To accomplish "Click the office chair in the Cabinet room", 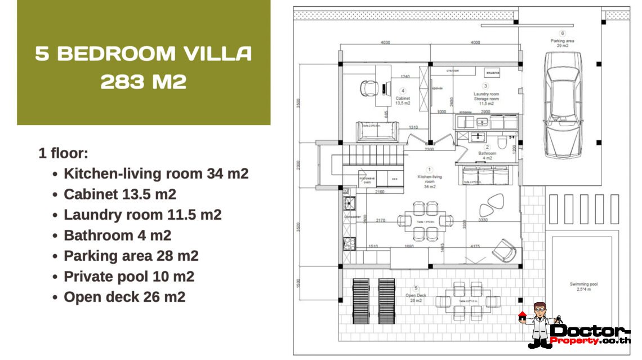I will (x=369, y=88).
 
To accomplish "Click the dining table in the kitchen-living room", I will (x=425, y=221).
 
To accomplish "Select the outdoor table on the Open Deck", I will (x=468, y=301).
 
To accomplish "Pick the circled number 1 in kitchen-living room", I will (x=429, y=169).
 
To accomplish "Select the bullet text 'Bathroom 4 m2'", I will (x=117, y=235).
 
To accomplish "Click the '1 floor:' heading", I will (x=63, y=153).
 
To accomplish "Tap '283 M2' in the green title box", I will (x=144, y=82).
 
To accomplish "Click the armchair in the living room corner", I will (x=505, y=249).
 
